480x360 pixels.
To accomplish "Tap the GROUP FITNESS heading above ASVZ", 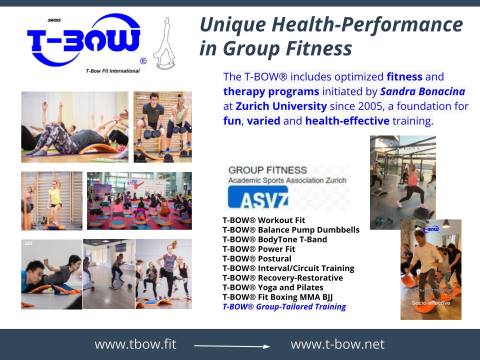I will (260, 170).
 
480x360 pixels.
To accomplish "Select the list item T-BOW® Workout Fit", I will (263, 220).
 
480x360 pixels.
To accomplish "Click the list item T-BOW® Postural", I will (256, 258).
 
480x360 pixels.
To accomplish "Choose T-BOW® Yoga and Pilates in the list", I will (272, 287).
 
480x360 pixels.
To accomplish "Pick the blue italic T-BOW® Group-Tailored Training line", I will (284, 306).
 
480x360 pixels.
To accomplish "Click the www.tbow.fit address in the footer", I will (135, 344).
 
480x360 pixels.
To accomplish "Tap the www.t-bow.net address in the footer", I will (337, 344).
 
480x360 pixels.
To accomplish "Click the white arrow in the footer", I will (231, 345).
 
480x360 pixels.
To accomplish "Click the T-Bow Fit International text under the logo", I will (112, 71).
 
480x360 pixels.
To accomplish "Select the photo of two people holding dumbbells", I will (162, 126).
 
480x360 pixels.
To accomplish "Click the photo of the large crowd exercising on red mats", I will (139, 200).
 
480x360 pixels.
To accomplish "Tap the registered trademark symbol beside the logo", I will (143, 61).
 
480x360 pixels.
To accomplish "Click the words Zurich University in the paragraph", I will (281, 106).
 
